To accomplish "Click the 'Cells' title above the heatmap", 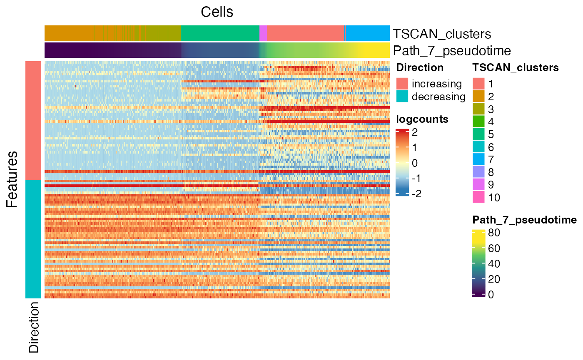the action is click(217, 12).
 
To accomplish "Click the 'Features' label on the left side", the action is click(12, 179).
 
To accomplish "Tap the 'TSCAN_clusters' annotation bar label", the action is click(442, 34).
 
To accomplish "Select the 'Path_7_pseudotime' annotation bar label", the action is click(452, 51).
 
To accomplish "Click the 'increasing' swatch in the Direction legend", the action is click(402, 84).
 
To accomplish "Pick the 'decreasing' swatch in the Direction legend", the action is click(402, 96).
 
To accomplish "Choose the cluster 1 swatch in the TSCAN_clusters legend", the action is click(478, 84).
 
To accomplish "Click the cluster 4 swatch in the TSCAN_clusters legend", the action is click(478, 122).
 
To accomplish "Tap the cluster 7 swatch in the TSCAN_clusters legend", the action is click(478, 159).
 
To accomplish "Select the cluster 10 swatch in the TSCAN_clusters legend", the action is click(478, 197).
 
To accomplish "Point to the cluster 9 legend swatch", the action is click(478, 184).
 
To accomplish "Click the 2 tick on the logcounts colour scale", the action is click(415, 132).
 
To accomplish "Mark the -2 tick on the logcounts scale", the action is click(417, 194).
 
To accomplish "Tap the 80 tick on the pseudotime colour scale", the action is click(494, 233).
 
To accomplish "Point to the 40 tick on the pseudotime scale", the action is click(494, 264).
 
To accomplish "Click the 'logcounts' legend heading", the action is click(422, 119).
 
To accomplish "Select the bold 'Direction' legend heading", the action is click(420, 67).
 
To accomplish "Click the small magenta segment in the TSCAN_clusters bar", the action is click(263, 33).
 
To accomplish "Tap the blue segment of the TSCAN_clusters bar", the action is click(367, 33).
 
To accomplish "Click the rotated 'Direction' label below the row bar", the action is click(34, 327).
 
